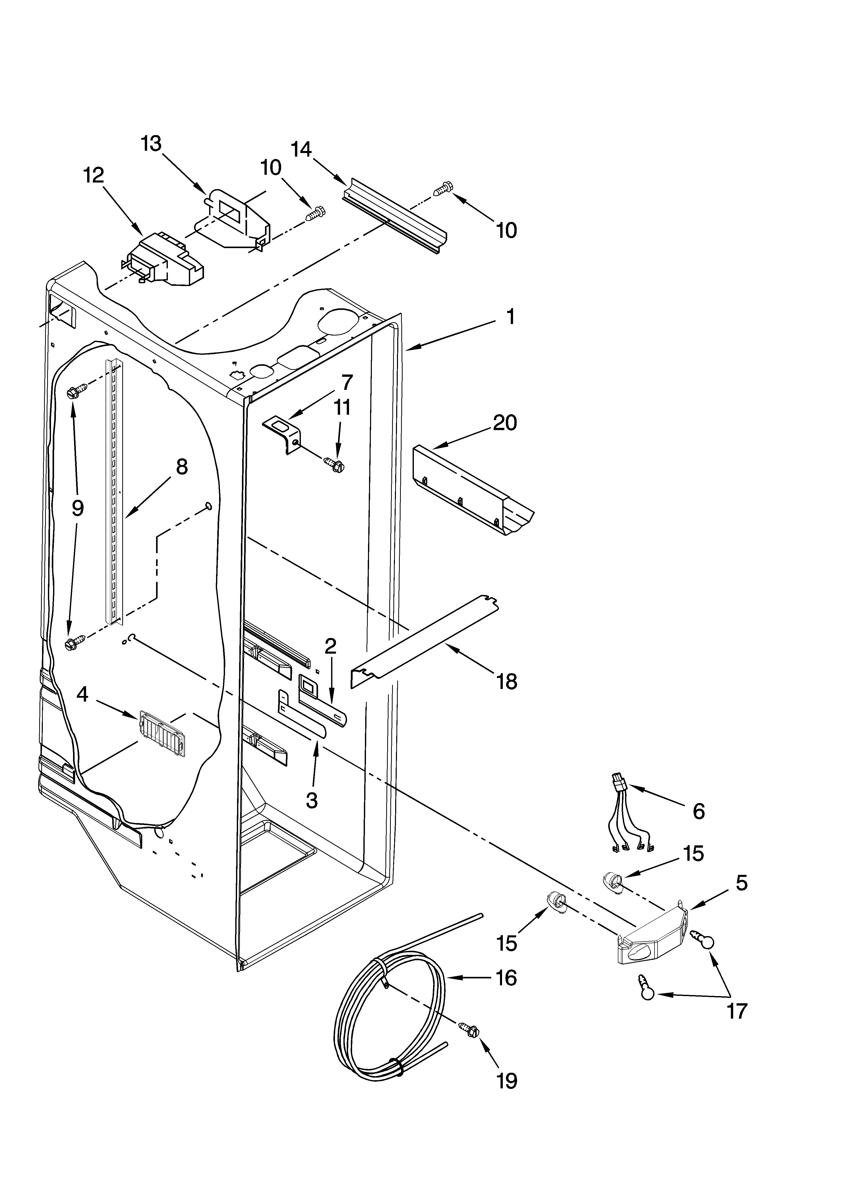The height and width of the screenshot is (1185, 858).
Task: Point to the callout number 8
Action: (x=181, y=467)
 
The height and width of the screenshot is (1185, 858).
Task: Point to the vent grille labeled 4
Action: (x=160, y=733)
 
